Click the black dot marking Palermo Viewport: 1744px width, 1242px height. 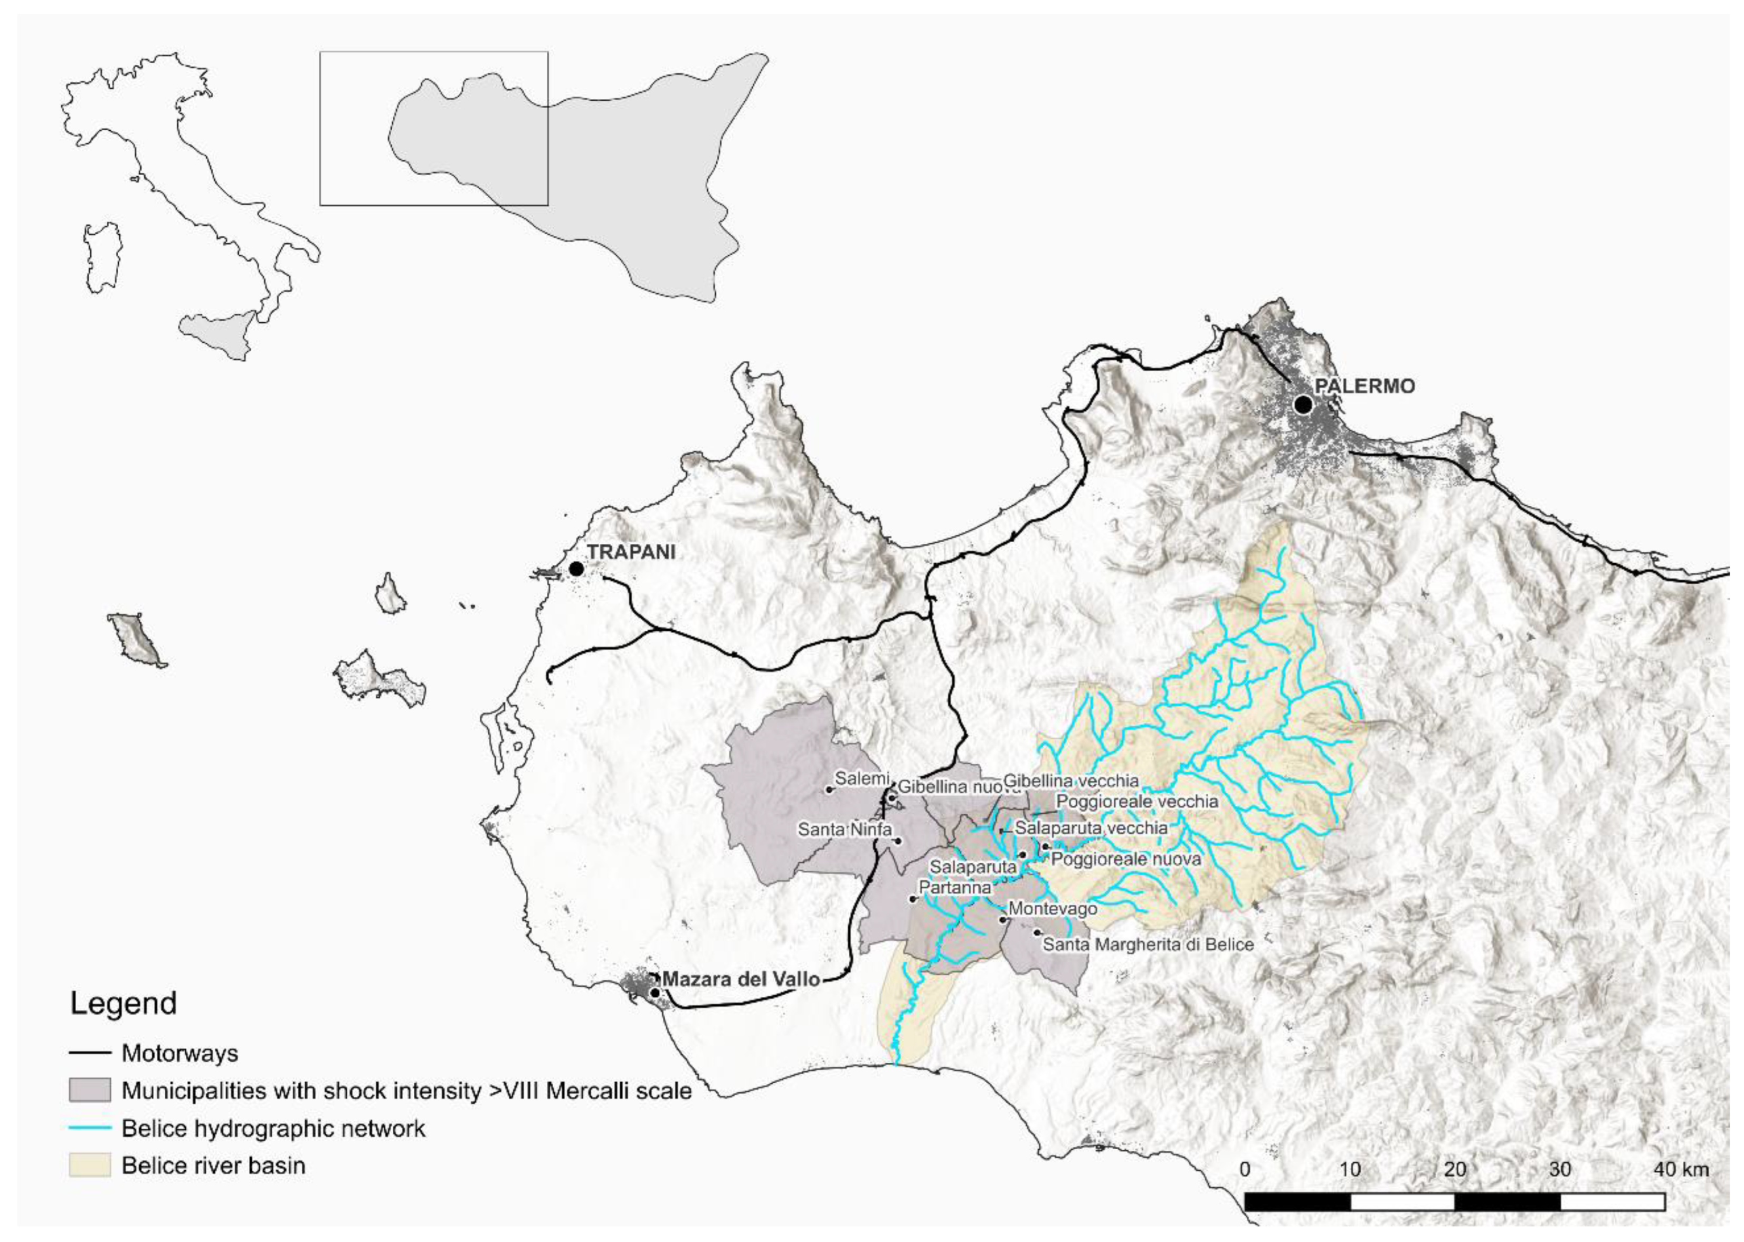tap(1302, 405)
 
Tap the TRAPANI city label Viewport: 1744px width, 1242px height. tap(631, 552)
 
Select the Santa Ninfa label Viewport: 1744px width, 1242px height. tap(845, 829)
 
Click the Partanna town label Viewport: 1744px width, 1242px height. tap(954, 888)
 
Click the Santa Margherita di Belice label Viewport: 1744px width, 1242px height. tap(1148, 945)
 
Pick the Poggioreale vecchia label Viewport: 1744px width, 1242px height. tap(1136, 802)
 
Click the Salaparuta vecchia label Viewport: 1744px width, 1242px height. tap(1091, 827)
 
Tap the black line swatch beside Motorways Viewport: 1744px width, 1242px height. tap(90, 1054)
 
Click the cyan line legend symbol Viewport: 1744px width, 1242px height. tap(90, 1128)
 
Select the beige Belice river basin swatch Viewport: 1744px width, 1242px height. tap(90, 1166)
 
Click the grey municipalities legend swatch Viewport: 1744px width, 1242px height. tap(90, 1091)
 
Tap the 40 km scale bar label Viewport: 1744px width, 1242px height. tap(1681, 1169)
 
